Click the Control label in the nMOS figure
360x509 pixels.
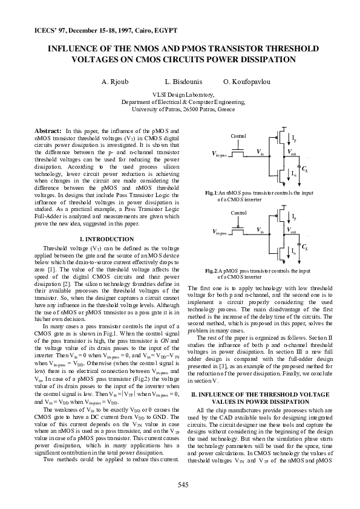pos(238,136)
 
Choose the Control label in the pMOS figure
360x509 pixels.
pos(238,213)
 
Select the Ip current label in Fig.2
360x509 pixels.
pos(294,216)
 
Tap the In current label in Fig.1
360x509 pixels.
pos(294,173)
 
